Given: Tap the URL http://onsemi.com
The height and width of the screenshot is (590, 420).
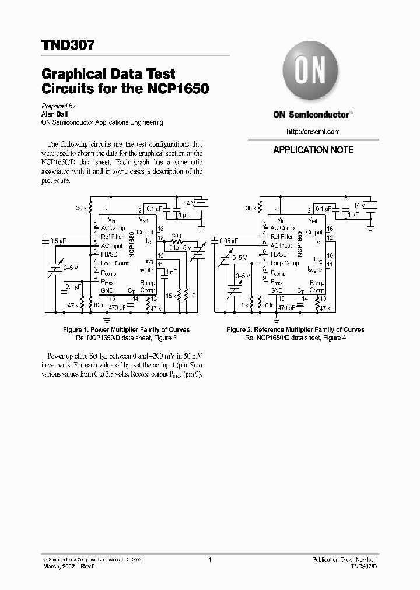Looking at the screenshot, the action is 313,132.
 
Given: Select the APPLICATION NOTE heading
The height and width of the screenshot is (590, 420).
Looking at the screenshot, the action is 313,150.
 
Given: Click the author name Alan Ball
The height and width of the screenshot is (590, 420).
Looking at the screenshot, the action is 55,115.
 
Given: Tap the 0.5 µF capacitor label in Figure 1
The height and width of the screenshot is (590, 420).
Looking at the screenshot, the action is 58,240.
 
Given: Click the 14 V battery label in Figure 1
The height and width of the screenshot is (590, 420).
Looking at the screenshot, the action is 189,203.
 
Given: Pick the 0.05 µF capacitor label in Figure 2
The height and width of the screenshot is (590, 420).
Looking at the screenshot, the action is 226,240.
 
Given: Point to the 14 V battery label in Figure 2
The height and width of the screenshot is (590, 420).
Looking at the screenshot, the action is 358,205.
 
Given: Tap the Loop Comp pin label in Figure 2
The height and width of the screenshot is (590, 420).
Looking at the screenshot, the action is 284,264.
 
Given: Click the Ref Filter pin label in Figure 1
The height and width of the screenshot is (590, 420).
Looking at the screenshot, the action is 112,237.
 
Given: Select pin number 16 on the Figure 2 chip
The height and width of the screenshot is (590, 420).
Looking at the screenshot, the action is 330,229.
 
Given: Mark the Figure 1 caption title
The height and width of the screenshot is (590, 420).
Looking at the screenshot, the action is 126,330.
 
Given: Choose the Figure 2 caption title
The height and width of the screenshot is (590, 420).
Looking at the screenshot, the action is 295,330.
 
